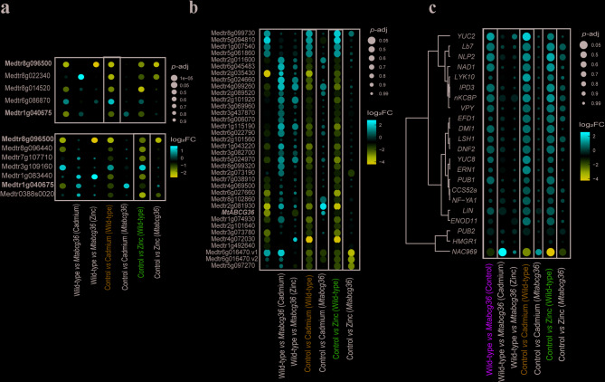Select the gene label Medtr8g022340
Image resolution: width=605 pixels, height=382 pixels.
pos(29,78)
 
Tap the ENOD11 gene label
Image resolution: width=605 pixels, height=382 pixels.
pos(462,221)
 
